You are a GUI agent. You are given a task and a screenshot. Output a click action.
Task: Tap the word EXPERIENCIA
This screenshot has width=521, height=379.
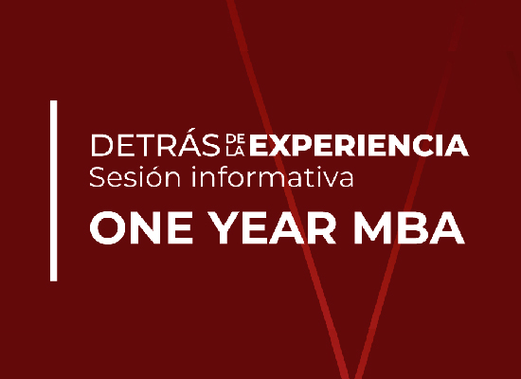tap(359, 145)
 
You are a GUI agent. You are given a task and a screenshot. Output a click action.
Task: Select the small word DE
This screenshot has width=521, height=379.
tap(235, 138)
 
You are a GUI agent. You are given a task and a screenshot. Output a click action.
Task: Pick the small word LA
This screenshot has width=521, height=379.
tap(235, 152)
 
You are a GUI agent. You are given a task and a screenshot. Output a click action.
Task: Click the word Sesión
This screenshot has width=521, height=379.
tap(135, 177)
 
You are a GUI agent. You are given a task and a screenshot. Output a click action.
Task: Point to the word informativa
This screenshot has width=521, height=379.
tap(272, 177)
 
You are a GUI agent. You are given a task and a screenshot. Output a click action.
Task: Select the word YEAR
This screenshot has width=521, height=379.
tap(272, 227)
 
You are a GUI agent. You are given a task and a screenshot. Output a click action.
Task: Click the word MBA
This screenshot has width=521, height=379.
tap(409, 227)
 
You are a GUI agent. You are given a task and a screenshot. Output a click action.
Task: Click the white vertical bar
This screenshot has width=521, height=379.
tap(53, 190)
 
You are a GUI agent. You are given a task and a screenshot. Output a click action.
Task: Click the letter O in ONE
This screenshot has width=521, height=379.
tap(109, 227)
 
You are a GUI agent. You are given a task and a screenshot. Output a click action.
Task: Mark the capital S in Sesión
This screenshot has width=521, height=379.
tap(97, 177)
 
